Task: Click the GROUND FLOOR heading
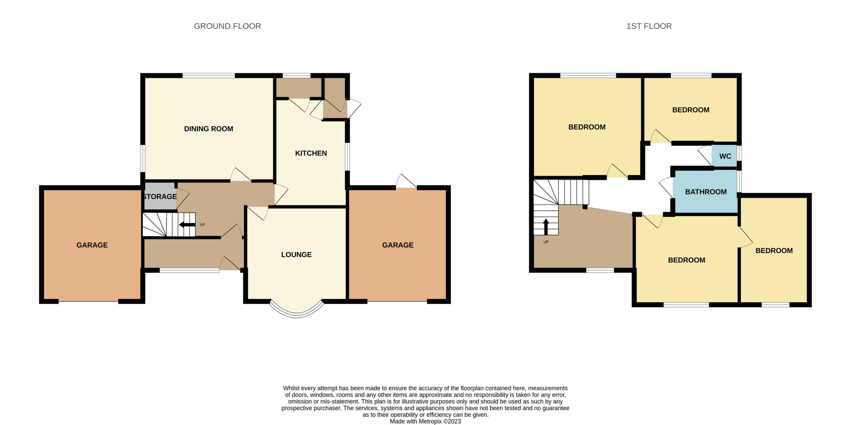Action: coord(227,26)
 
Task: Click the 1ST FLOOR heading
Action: coord(649,26)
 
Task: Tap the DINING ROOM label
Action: coord(208,129)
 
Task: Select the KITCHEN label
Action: coord(311,153)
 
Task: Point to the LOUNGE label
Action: coord(296,255)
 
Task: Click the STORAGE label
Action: coord(160,196)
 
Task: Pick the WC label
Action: coord(725,156)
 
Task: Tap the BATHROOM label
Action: coord(706,192)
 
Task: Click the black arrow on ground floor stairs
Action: coord(187,225)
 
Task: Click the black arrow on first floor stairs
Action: coord(546,227)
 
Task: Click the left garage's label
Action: coord(92,245)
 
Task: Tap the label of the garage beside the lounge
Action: coord(397,245)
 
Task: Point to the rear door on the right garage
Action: coord(406,181)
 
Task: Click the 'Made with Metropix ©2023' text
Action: coord(425,421)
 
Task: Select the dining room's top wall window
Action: coord(208,76)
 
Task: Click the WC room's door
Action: coord(705,156)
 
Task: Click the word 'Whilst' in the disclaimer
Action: coord(291,388)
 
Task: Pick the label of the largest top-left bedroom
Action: coord(587,127)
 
